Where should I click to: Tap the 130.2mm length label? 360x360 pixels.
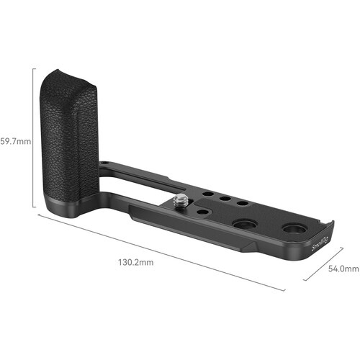coord(138,263)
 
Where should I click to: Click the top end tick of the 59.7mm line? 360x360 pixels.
coord(35,68)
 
